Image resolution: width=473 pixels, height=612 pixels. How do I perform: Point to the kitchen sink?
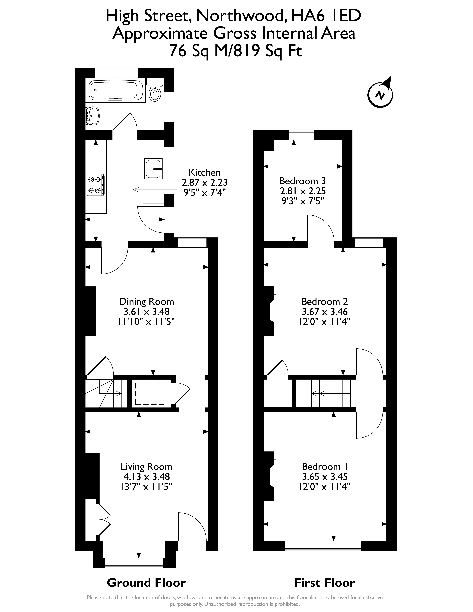click(153, 169)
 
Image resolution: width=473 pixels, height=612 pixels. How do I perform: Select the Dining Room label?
click(147, 302)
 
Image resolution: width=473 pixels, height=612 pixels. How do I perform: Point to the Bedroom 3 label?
click(303, 181)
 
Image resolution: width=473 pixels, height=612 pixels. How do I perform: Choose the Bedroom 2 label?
click(324, 302)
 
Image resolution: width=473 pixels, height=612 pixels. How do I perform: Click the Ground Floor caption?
click(146, 583)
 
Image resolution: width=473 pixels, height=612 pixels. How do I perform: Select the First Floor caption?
click(324, 583)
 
